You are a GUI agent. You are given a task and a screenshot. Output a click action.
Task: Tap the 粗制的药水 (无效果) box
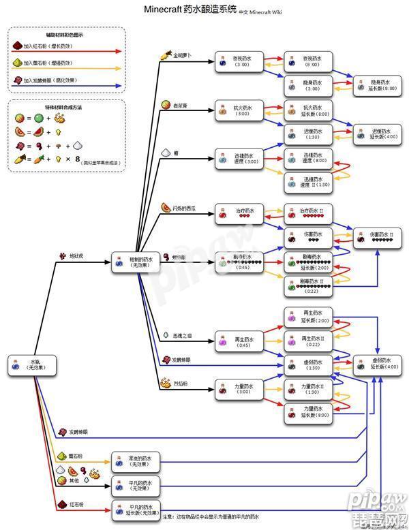click(x=136, y=263)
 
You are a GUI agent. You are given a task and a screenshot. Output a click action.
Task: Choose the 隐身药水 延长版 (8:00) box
click(x=376, y=85)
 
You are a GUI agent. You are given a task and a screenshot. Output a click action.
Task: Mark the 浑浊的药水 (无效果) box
click(x=136, y=461)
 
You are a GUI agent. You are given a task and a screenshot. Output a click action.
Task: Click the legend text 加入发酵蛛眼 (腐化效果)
click(x=50, y=80)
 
